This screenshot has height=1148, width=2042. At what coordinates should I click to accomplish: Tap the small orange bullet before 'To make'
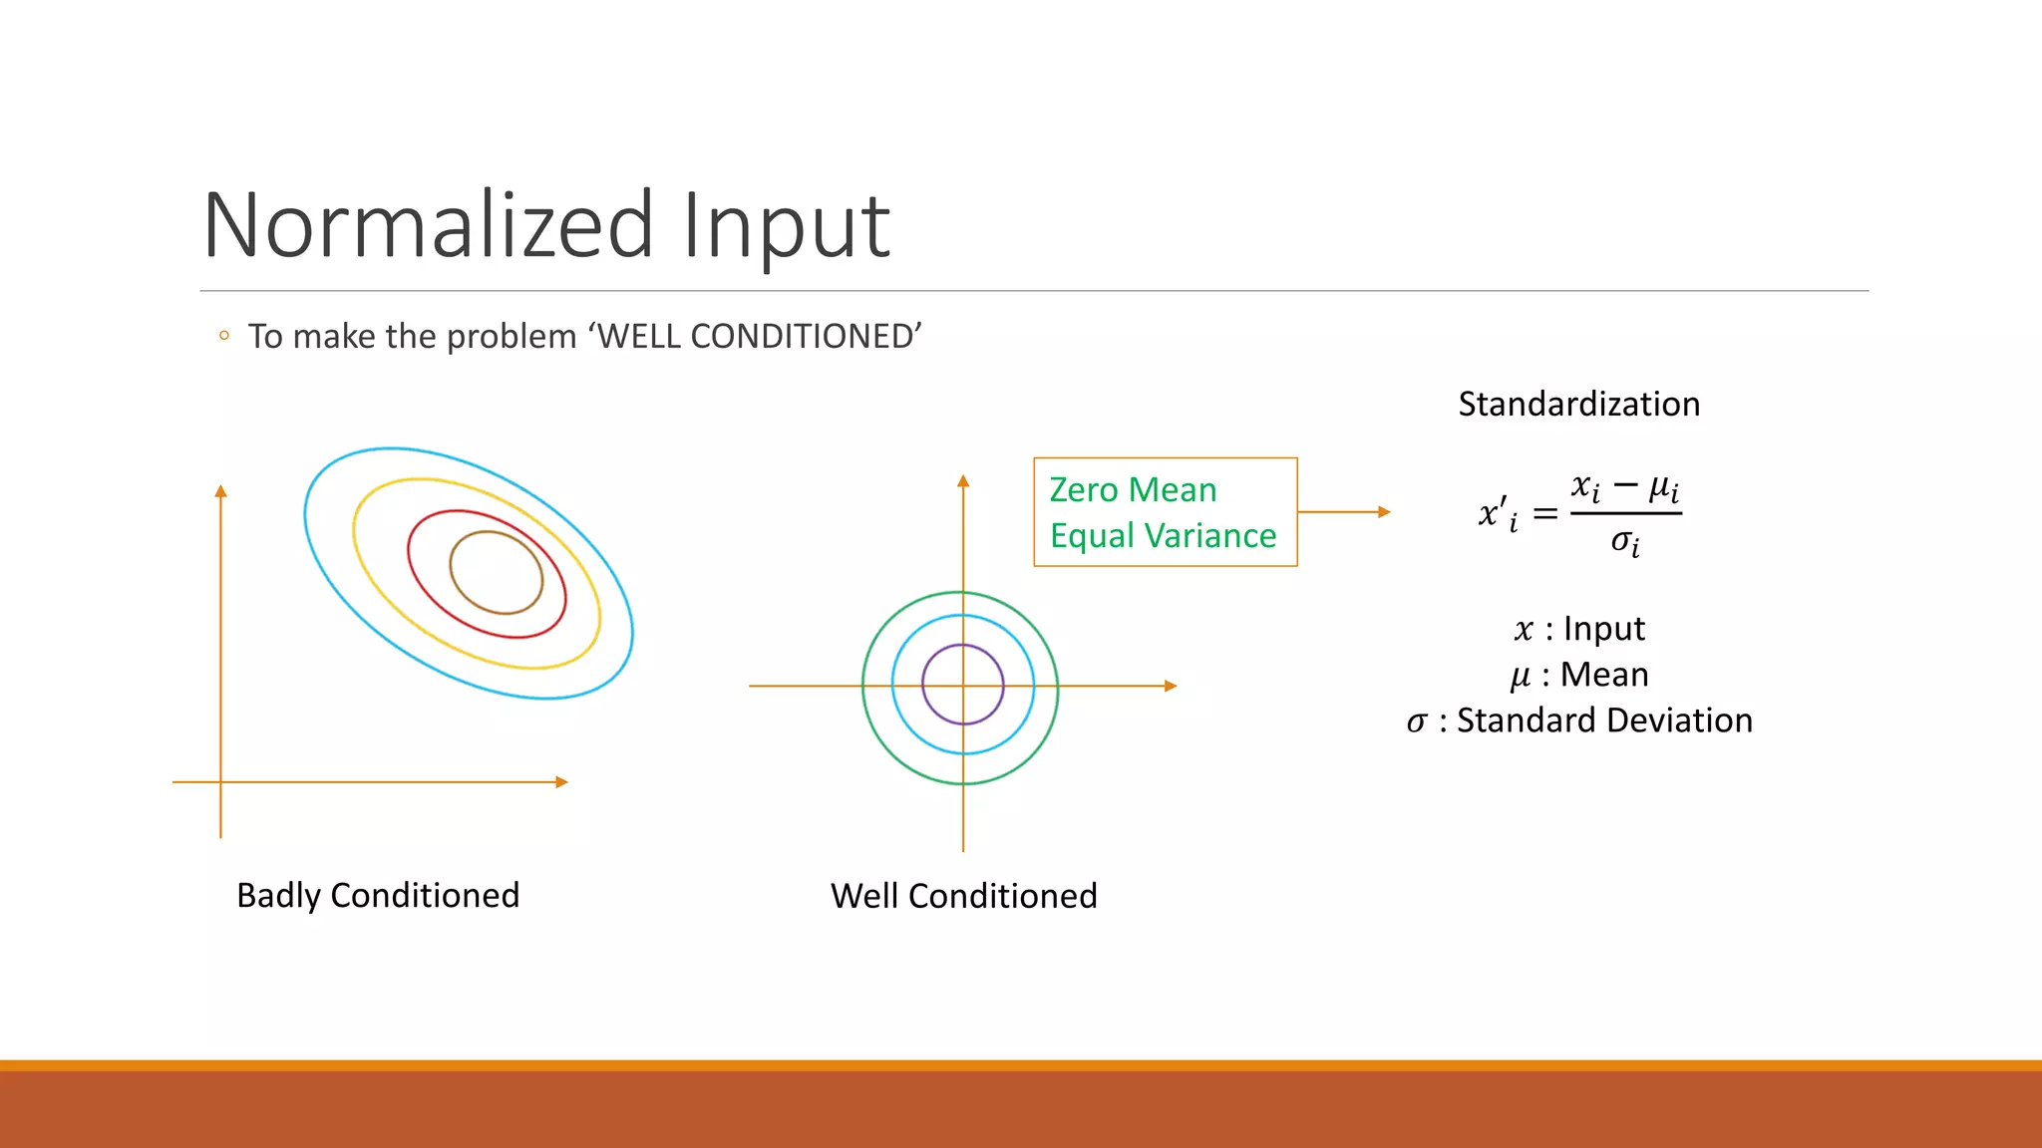[224, 336]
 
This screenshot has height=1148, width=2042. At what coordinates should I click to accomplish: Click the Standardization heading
[1578, 404]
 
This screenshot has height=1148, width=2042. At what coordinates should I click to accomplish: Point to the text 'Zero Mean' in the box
[1133, 489]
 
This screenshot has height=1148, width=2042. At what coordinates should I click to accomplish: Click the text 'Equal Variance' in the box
[1163, 536]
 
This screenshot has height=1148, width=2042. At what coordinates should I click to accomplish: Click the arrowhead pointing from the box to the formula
[1384, 512]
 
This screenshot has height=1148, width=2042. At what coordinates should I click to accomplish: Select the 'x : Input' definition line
[1578, 629]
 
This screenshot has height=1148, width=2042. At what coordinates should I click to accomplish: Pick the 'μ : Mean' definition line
[1578, 675]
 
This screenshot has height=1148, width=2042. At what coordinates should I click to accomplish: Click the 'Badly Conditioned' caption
[378, 895]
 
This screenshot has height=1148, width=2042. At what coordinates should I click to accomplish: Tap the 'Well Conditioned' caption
[963, 896]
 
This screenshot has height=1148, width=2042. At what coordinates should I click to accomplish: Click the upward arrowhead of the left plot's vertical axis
[221, 491]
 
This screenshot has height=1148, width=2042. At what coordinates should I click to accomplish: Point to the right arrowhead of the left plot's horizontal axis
[561, 782]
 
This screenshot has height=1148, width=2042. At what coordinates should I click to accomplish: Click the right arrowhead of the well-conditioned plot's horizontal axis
[1171, 686]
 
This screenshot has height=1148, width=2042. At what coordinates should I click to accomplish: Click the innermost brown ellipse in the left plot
[451, 568]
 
